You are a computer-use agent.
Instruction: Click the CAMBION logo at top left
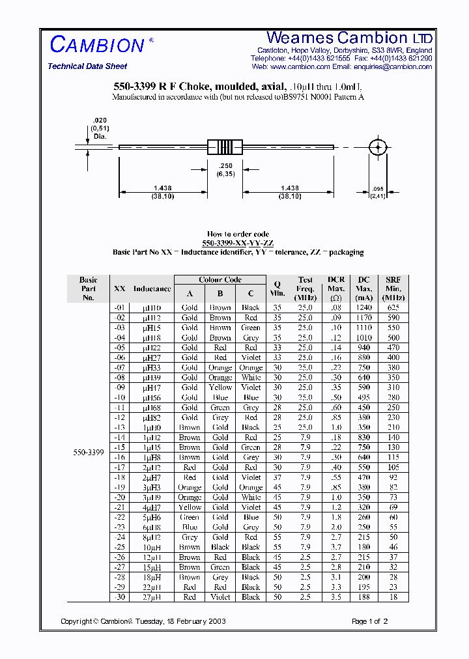tap(97, 44)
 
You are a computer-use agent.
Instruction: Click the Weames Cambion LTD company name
tap(349, 38)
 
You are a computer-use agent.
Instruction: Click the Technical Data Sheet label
tap(87, 66)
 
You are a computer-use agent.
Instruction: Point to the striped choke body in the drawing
tap(225, 147)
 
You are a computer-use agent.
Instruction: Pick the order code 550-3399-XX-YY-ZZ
tap(238, 243)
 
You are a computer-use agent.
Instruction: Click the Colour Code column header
tap(220, 279)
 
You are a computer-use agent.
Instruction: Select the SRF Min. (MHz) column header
tap(393, 288)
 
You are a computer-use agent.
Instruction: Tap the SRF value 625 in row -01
tap(393, 308)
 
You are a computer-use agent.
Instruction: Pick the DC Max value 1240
tap(364, 308)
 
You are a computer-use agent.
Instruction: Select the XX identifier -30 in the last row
tap(119, 597)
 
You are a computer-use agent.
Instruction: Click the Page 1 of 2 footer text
tap(369, 621)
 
